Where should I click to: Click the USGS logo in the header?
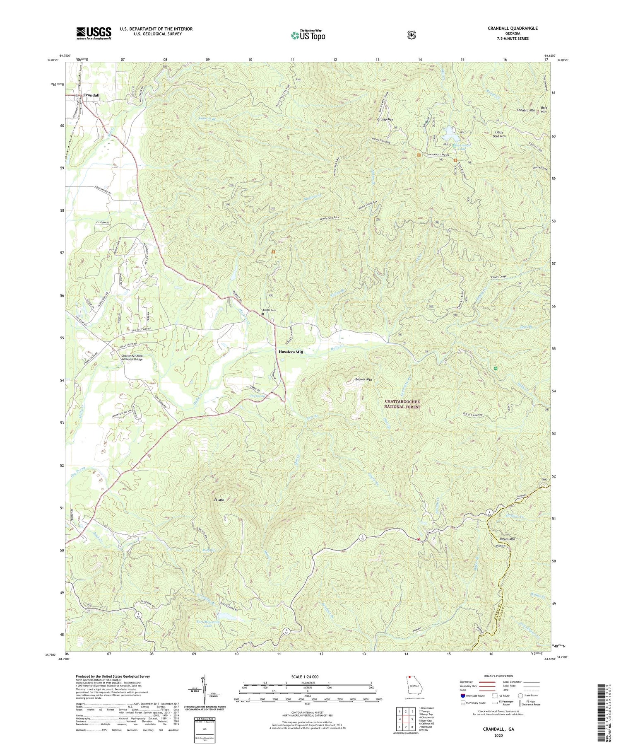(94, 33)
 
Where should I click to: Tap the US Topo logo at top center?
(308, 35)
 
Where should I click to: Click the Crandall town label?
(91, 95)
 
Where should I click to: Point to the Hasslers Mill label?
(291, 352)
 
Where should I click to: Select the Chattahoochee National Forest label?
(402, 404)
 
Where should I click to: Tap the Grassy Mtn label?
(385, 119)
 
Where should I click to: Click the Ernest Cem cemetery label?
(268, 310)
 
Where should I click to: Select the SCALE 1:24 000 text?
(307, 676)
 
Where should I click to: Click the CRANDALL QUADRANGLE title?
(513, 28)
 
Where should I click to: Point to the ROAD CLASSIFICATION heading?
(498, 676)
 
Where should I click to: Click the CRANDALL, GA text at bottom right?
(498, 729)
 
